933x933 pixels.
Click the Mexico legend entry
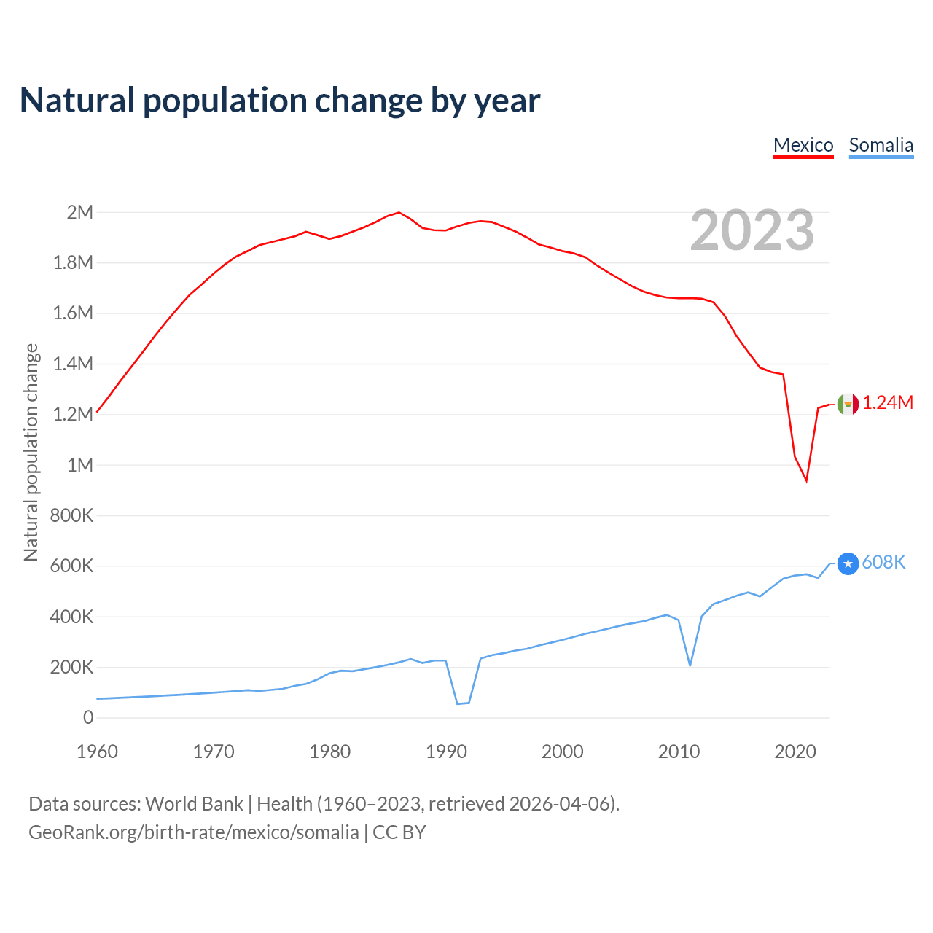coord(803,145)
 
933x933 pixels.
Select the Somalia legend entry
coord(881,145)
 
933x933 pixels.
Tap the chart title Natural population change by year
coord(280,101)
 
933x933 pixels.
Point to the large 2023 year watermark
coord(752,230)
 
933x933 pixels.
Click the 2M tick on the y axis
coord(80,212)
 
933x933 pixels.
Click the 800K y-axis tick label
coord(72,515)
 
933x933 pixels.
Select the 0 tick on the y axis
coord(88,717)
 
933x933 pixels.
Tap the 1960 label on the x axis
coord(97,752)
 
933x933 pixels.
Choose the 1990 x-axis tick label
coord(446,752)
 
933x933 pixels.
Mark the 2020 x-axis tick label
coord(795,752)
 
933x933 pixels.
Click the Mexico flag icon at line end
coord(848,404)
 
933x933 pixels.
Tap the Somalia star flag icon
coord(848,563)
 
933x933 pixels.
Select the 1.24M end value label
coord(888,403)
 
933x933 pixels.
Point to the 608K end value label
coord(883,562)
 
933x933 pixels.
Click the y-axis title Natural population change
coord(31,453)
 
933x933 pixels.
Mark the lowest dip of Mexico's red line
coord(806,480)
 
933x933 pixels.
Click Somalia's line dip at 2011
coord(690,665)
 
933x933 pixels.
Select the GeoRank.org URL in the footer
coord(194,832)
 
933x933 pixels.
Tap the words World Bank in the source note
coord(194,804)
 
